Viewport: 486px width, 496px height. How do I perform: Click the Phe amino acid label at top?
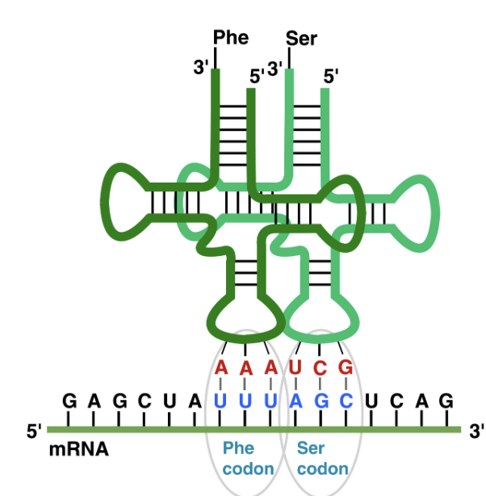231,37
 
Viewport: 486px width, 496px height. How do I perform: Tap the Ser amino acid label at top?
301,38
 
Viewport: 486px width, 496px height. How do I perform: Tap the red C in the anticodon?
321,368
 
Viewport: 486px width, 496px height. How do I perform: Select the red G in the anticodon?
346,368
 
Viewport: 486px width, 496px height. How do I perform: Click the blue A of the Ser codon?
295,401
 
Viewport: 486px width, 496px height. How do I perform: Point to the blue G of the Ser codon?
321,401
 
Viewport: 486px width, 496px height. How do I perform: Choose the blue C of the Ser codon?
346,401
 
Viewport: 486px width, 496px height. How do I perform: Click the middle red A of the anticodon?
246,368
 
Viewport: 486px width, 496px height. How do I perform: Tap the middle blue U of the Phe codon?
246,401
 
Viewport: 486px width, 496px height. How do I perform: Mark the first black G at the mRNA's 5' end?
69,401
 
